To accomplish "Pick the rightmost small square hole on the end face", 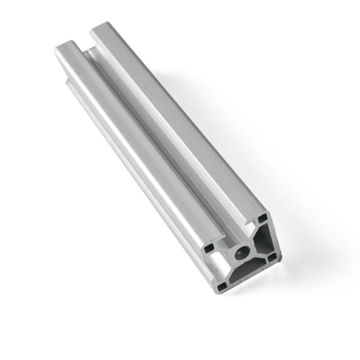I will click(273, 257).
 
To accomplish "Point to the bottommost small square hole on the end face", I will click(222, 286).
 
